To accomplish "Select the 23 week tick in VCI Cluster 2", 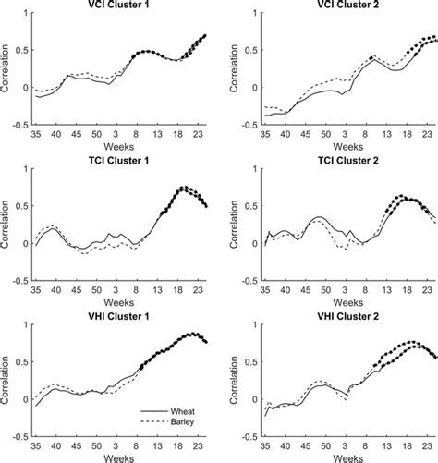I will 427,132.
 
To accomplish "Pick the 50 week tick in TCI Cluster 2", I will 320,285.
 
